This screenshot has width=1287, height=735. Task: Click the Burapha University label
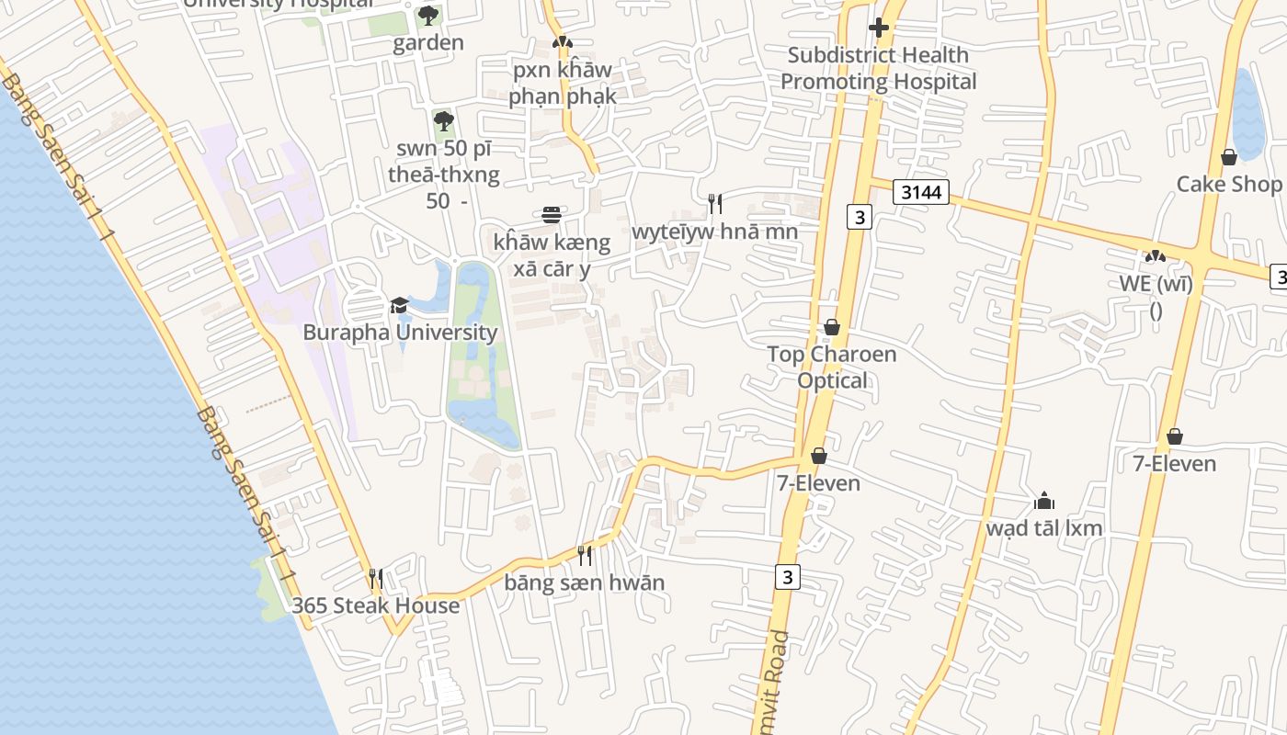click(x=400, y=333)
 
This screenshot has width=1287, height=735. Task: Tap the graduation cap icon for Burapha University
click(x=399, y=305)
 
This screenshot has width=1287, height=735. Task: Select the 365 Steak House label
click(x=375, y=605)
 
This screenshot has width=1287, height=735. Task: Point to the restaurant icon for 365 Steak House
click(x=375, y=578)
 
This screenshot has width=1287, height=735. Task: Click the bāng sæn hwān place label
click(x=584, y=582)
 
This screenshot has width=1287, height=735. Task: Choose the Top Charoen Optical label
click(x=832, y=367)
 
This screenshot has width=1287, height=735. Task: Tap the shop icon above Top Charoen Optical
click(x=832, y=327)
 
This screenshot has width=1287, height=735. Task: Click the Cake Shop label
click(x=1229, y=184)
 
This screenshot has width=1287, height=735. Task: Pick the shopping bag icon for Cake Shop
click(x=1229, y=157)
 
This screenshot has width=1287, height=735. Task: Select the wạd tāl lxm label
click(x=1043, y=528)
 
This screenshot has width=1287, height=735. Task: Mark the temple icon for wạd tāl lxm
click(x=1043, y=501)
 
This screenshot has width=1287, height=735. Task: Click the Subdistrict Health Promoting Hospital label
click(x=878, y=68)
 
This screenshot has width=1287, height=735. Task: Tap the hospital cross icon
click(x=878, y=28)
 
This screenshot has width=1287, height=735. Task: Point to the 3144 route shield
click(x=920, y=192)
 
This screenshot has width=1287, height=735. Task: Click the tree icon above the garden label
click(x=428, y=15)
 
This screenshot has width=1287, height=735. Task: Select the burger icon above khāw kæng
click(x=552, y=215)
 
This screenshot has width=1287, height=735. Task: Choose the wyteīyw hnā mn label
click(x=714, y=231)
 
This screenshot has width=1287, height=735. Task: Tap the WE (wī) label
click(x=1156, y=284)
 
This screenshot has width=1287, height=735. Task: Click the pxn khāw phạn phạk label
click(x=561, y=83)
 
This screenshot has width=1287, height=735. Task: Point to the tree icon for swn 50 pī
click(x=444, y=120)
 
